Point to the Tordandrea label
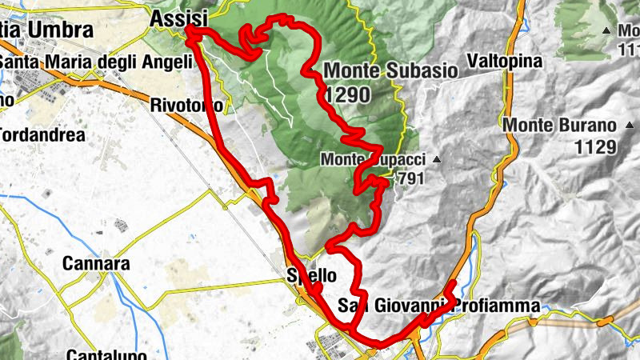pyautogui.click(x=42, y=135)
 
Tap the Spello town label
pyautogui.click(x=311, y=276)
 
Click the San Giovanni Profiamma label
pyautogui.click(x=438, y=305)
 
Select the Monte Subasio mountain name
pyautogui.click(x=391, y=70)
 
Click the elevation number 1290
pyautogui.click(x=348, y=95)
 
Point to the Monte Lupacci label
pyautogui.click(x=374, y=159)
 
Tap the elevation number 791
pyautogui.click(x=410, y=178)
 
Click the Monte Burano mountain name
pyautogui.click(x=559, y=126)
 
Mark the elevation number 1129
pyautogui.click(x=594, y=146)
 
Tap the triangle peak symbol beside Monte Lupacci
pyautogui.click(x=436, y=160)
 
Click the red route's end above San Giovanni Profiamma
pyautogui.click(x=453, y=282)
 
